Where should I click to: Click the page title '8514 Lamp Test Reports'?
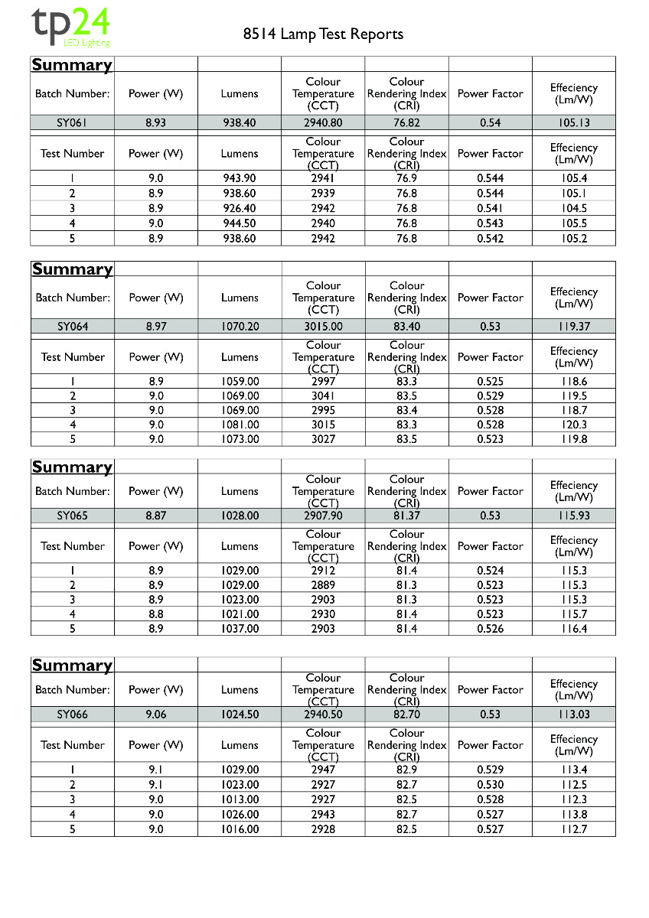(x=323, y=34)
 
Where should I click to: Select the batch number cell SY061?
(x=73, y=122)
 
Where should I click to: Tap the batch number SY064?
(x=73, y=327)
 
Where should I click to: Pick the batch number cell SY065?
(x=73, y=516)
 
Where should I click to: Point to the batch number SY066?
(x=73, y=715)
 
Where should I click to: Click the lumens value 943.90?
(x=240, y=178)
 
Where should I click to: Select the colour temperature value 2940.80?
(x=323, y=122)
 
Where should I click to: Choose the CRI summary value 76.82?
(x=406, y=122)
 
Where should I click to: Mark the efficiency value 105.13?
(x=573, y=122)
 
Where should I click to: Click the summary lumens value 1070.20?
(x=240, y=327)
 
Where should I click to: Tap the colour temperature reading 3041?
(x=323, y=396)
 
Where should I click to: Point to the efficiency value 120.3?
(x=573, y=425)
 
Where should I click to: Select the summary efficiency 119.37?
(x=573, y=327)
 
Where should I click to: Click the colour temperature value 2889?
(x=323, y=585)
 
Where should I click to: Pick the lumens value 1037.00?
(x=240, y=629)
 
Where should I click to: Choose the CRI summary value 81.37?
(x=406, y=516)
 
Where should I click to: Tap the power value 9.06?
(x=155, y=715)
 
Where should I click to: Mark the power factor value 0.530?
(x=490, y=785)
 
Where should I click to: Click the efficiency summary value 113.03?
(x=573, y=715)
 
